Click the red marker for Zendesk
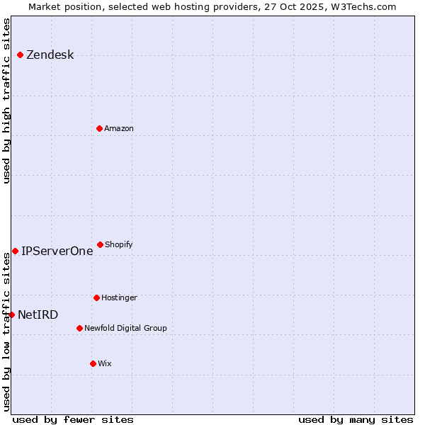click(20, 55)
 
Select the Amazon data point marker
click(99, 128)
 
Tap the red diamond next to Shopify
click(100, 244)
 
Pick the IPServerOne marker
click(15, 251)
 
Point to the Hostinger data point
click(96, 297)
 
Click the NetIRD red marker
click(11, 314)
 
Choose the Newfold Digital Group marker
click(79, 328)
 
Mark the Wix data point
click(93, 363)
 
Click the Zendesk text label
click(50, 55)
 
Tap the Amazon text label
click(119, 129)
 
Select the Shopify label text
click(119, 245)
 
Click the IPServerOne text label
click(57, 251)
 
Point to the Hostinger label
click(119, 298)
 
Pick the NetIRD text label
click(38, 315)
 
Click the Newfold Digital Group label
click(125, 329)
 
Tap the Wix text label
click(105, 364)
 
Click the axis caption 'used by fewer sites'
click(73, 420)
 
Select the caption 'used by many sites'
click(356, 420)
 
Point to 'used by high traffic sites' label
click(7, 100)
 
